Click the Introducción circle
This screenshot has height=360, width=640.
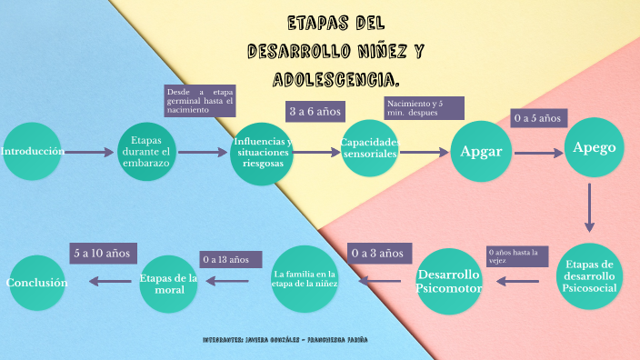point(33,153)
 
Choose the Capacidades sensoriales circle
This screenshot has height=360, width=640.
point(370,150)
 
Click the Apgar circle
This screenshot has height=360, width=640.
point(481,151)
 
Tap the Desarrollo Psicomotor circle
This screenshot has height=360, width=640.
point(448,281)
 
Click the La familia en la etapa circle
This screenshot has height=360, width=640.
point(305,278)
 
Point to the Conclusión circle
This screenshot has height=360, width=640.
point(37,283)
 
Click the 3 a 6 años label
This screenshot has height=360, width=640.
point(315,112)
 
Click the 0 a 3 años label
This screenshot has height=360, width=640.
point(376,253)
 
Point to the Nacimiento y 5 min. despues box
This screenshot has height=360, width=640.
point(425,108)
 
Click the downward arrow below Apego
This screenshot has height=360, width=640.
point(589,207)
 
